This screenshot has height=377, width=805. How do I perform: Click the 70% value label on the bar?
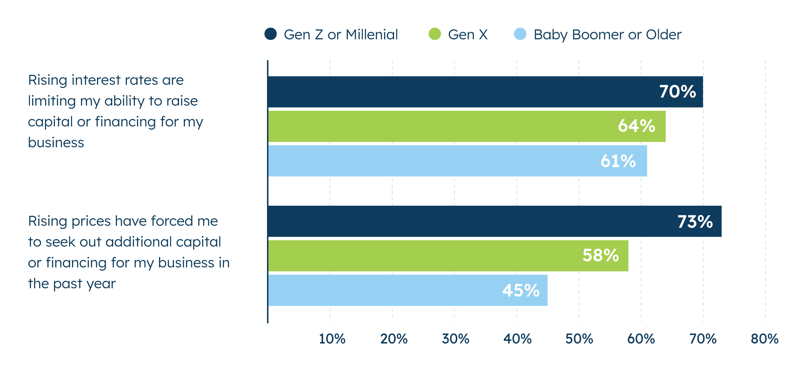(x=677, y=92)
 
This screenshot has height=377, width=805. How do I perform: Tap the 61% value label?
(x=618, y=161)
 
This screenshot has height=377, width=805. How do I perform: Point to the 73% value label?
(x=695, y=222)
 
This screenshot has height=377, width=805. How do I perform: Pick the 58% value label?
(x=601, y=255)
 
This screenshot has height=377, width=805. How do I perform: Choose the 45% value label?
(x=521, y=290)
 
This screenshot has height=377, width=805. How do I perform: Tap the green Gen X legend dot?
(x=435, y=34)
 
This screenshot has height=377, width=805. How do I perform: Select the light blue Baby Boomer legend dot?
(x=520, y=34)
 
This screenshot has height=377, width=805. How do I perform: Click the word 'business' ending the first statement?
(x=56, y=143)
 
